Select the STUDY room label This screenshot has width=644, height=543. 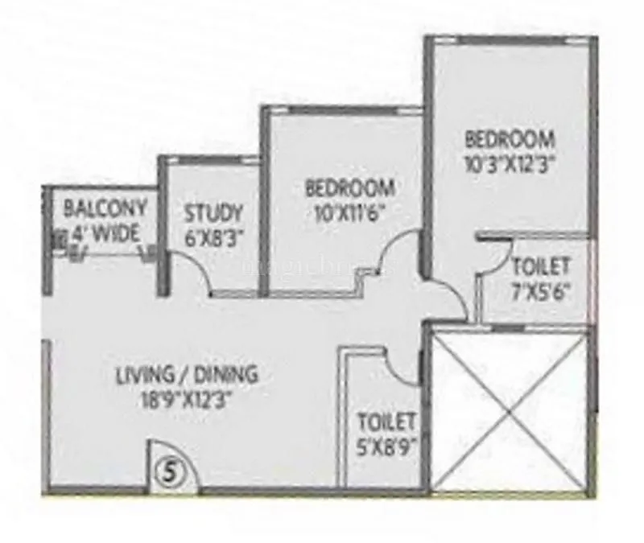point(213,213)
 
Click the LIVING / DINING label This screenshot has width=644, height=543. point(187,374)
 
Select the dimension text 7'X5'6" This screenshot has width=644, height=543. point(542,290)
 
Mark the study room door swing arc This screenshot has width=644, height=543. point(193,274)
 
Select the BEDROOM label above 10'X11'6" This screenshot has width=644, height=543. point(350,189)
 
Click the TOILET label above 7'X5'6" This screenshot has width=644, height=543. point(541,265)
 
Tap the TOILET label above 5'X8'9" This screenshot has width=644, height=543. point(386,421)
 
